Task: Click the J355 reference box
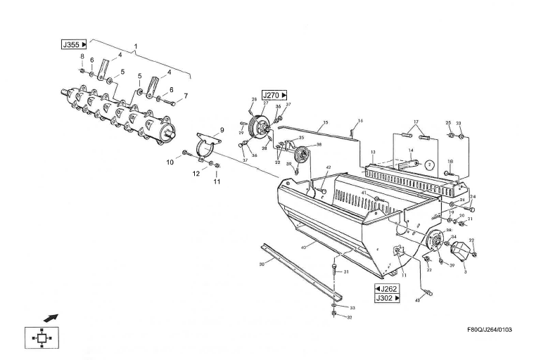click(x=74, y=44)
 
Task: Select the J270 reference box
click(x=274, y=94)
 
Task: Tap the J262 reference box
click(x=388, y=288)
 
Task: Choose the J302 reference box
click(x=388, y=298)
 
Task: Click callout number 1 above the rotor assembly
click(x=136, y=45)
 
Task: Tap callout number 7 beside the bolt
click(x=186, y=96)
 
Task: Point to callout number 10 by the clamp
click(x=170, y=162)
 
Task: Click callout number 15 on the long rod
click(x=326, y=123)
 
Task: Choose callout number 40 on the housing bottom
click(x=304, y=247)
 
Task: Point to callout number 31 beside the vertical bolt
click(x=345, y=272)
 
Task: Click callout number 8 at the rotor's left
click(x=82, y=56)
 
